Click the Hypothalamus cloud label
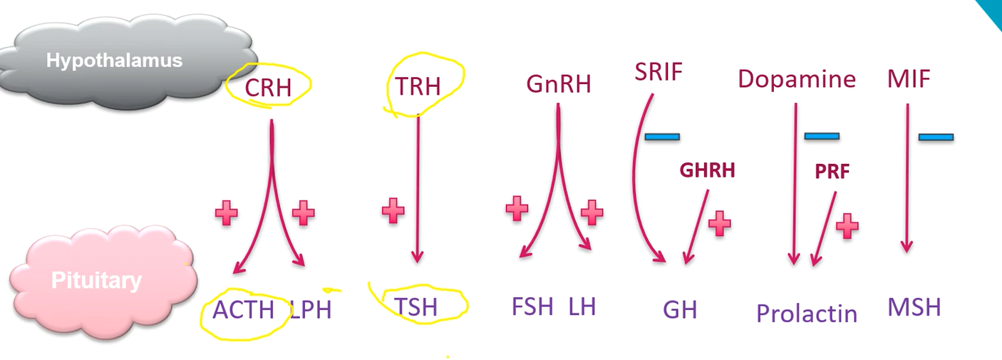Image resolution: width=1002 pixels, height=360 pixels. click(114, 60)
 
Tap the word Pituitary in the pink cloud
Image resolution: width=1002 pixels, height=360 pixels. click(96, 280)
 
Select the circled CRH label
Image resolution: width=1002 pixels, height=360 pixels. click(268, 88)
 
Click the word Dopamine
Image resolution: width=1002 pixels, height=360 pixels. click(797, 78)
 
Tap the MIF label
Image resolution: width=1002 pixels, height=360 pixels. click(909, 78)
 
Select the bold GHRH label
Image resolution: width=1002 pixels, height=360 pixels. click(706, 170)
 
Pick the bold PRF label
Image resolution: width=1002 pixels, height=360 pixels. click(832, 172)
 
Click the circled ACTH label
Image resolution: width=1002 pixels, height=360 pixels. click(243, 310)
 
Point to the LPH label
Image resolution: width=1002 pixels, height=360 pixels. click(311, 310)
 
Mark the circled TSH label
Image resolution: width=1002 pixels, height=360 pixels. click(416, 307)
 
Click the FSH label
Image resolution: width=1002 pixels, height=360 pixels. click(532, 307)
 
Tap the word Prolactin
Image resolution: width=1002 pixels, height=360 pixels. click(807, 313)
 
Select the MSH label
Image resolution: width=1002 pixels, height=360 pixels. click(914, 307)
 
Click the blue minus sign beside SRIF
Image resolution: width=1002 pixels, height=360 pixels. click(662, 136)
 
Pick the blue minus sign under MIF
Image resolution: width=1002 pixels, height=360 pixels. click(936, 136)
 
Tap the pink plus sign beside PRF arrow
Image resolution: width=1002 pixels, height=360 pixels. click(847, 225)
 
